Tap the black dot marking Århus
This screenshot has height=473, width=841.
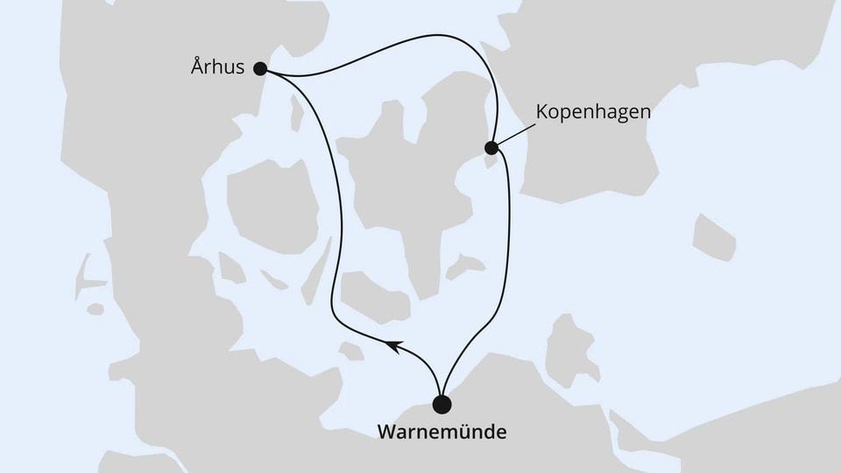click(260, 67)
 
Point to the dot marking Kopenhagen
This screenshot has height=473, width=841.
click(492, 147)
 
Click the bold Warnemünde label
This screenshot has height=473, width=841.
click(442, 432)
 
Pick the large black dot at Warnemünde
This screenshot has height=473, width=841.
click(442, 404)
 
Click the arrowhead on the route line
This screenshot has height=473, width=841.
click(392, 346)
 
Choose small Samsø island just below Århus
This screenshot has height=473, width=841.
click(297, 114)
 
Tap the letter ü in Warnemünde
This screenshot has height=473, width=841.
click(463, 432)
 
